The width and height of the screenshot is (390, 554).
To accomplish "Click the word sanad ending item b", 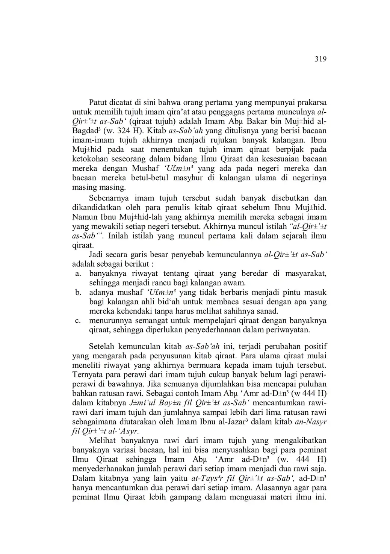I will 268,311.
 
